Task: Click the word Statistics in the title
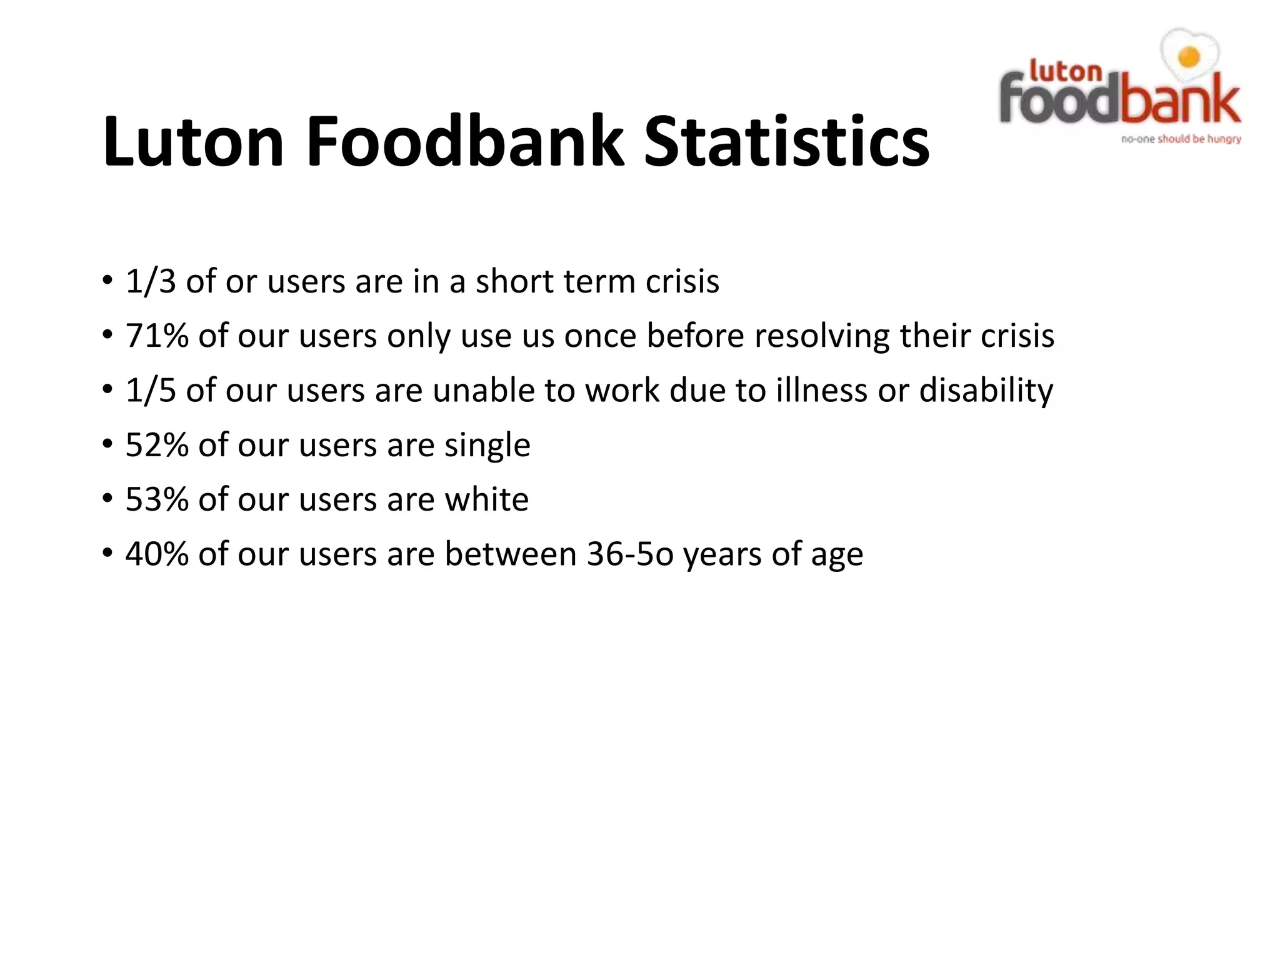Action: click(786, 141)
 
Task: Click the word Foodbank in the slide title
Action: click(465, 141)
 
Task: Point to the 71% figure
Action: click(157, 336)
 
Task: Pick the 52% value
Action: click(157, 445)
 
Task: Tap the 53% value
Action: click(157, 499)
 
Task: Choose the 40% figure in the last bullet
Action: click(157, 554)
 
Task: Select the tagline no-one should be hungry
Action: click(1181, 139)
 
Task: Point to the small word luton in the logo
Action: click(1065, 71)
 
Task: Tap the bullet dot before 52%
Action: click(107, 445)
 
